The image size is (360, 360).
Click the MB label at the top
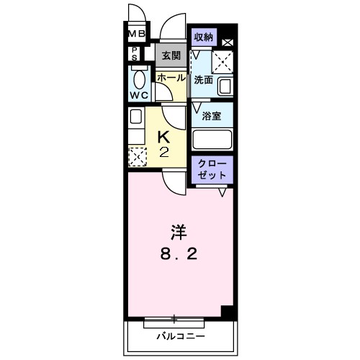tap(137, 33)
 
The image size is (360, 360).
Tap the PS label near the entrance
tap(135, 53)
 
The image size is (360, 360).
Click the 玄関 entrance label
tap(171, 55)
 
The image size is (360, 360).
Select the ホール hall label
tap(171, 77)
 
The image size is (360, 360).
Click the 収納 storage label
tap(204, 36)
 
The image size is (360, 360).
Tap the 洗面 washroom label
tap(203, 81)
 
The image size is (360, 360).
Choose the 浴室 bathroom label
tap(211, 116)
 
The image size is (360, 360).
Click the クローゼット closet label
tap(212, 169)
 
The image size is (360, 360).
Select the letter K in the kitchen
tap(164, 136)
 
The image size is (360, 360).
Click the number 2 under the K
tap(164, 152)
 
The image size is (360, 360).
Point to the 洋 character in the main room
tap(179, 232)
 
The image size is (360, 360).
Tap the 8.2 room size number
tap(179, 254)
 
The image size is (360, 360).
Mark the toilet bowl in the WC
tap(139, 78)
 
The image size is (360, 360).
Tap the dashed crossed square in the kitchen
tap(137, 156)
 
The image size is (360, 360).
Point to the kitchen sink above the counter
tap(135, 117)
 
